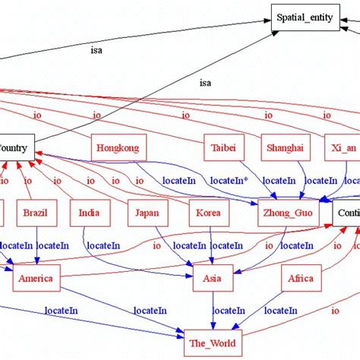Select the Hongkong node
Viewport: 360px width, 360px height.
(118, 148)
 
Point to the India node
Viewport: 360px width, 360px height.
(90, 213)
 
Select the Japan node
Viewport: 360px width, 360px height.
(147, 213)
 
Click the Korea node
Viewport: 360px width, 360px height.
(209, 213)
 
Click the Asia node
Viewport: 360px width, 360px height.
(212, 279)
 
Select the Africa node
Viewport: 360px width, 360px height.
(301, 279)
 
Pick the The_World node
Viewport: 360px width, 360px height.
(212, 343)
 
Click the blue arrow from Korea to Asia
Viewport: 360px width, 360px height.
(210, 246)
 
